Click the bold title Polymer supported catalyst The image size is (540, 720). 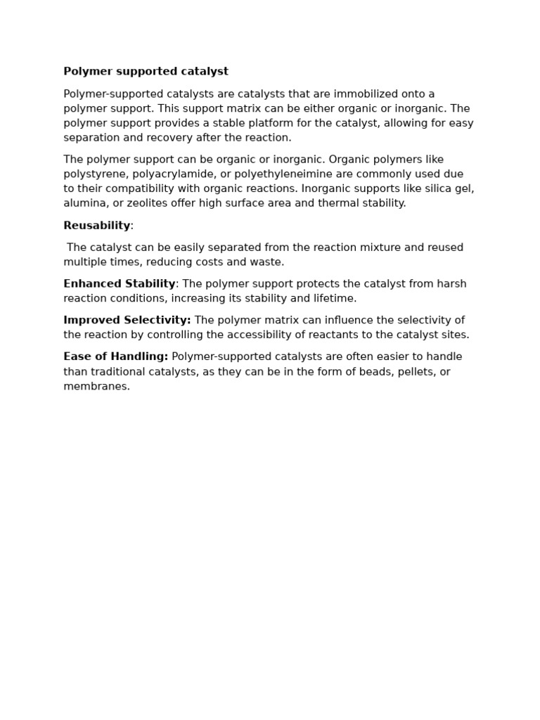point(146,72)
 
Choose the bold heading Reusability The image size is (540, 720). point(96,226)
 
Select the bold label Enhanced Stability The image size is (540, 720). point(119,284)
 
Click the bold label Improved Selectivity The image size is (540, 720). point(127,321)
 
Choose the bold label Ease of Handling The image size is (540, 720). point(115,357)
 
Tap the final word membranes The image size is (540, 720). point(96,387)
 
